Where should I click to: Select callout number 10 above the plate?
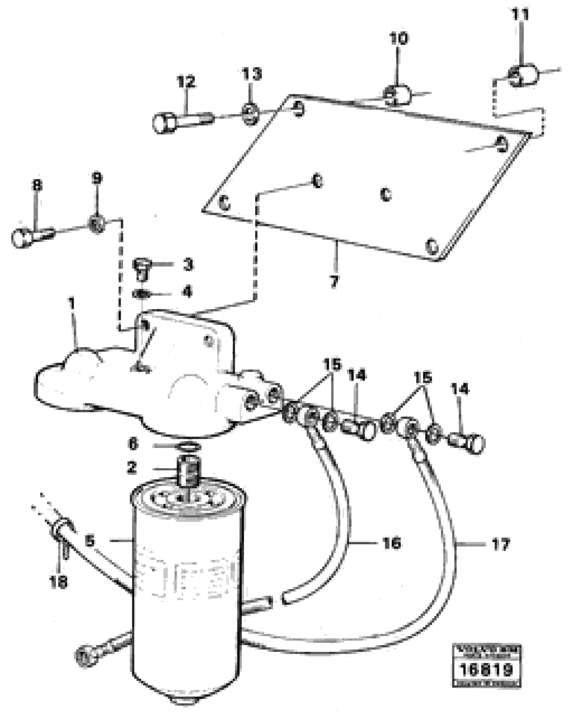click(399, 39)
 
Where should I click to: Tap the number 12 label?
click(186, 82)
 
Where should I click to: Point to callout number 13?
click(252, 74)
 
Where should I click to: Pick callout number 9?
click(97, 178)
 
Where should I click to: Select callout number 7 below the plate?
click(334, 281)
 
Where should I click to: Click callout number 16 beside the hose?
click(392, 543)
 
